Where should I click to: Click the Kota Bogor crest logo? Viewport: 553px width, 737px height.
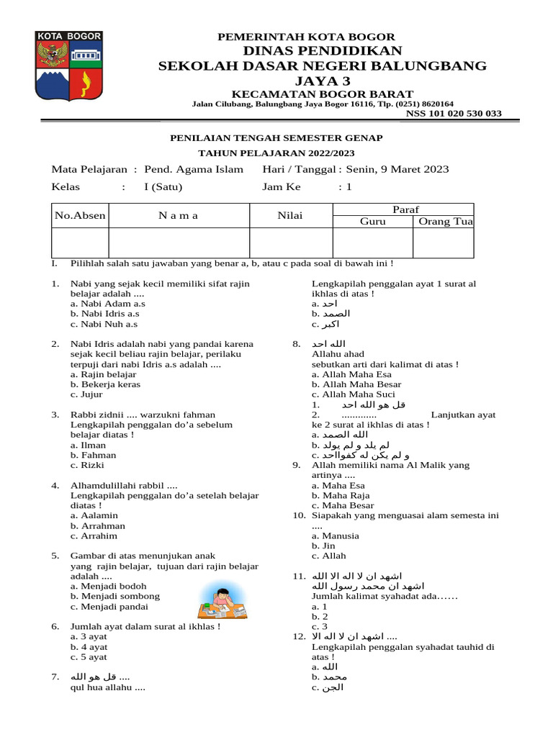click(x=68, y=66)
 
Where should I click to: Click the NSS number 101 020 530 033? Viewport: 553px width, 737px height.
click(x=454, y=114)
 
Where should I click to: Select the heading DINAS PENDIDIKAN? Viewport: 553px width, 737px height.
click(x=322, y=50)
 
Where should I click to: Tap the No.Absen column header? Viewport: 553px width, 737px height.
click(x=80, y=215)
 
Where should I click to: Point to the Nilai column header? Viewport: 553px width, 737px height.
click(x=290, y=215)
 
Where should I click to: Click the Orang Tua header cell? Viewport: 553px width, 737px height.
click(x=444, y=222)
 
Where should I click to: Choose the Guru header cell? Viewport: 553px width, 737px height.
click(x=372, y=222)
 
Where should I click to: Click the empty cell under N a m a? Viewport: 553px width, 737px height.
click(x=179, y=243)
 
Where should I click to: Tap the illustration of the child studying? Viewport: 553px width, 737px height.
click(x=224, y=602)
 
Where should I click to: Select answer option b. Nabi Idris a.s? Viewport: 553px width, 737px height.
click(x=104, y=314)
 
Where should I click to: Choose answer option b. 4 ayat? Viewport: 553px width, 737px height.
click(x=89, y=646)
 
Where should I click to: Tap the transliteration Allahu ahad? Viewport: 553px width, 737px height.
click(x=338, y=354)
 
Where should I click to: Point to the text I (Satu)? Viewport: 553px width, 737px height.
click(x=163, y=187)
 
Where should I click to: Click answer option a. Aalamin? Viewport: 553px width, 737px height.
click(x=94, y=515)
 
